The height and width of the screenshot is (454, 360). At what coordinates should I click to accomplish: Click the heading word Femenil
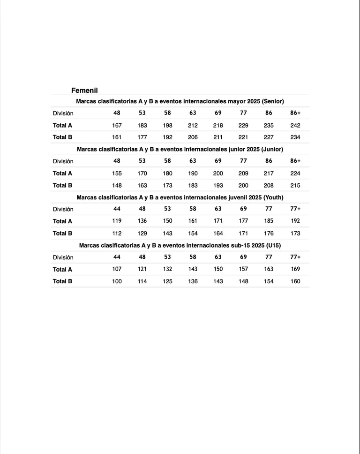tap(84, 90)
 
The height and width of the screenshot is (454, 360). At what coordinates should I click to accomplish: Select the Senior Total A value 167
tap(117, 125)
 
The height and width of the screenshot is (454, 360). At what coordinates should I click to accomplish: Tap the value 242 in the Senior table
tap(295, 125)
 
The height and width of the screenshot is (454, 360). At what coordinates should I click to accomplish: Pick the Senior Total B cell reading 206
tap(193, 137)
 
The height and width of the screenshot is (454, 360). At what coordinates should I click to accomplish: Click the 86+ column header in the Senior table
tap(295, 113)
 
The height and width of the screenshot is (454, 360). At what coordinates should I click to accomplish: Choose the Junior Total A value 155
tap(117, 173)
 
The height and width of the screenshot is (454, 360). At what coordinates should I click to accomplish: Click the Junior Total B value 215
tap(295, 185)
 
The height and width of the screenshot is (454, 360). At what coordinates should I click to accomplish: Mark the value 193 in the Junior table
tap(218, 185)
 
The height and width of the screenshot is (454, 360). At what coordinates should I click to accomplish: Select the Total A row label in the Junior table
tap(62, 173)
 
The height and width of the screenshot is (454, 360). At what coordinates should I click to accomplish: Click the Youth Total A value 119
tap(117, 221)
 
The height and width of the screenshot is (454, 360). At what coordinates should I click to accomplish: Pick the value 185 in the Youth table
tap(269, 221)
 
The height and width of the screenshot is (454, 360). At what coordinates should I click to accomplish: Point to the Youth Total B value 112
tap(117, 233)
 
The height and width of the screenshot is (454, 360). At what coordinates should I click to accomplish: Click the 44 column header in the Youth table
tap(117, 209)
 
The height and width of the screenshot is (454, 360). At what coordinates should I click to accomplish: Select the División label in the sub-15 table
tap(63, 257)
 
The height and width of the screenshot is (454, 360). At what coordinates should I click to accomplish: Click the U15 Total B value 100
tap(117, 281)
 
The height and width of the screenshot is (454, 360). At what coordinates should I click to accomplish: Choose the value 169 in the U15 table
tap(295, 269)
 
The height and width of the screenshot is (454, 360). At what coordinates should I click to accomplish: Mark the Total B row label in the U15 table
tap(62, 281)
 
